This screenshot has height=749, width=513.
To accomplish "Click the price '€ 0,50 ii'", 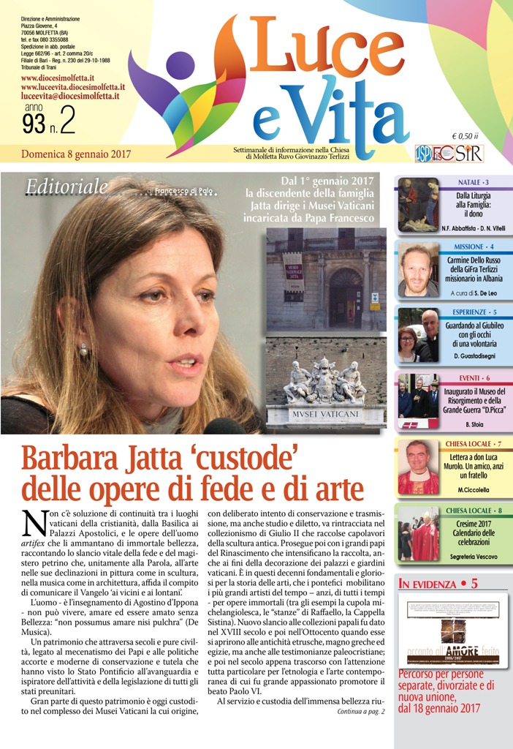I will point(465,135).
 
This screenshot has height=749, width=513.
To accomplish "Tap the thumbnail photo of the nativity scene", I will point(418,205).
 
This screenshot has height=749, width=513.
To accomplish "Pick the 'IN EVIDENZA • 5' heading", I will point(438,584).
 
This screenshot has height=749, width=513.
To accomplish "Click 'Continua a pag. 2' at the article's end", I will point(360,710).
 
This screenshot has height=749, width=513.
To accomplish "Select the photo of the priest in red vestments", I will point(418,467).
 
